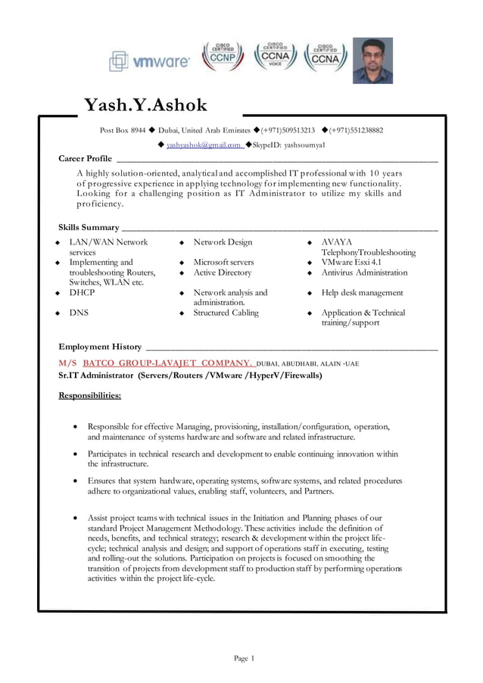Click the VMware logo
(x=149, y=62)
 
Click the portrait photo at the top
(x=372, y=60)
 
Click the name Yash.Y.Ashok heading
(x=145, y=105)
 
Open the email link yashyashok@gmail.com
(x=204, y=145)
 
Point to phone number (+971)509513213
(x=288, y=130)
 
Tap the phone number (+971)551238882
(x=356, y=130)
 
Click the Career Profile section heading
(x=86, y=158)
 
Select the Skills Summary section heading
(x=89, y=227)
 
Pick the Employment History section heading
(x=100, y=347)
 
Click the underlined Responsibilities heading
(x=89, y=395)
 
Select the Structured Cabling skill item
(x=226, y=312)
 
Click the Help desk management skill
(x=362, y=292)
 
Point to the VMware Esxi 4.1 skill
(x=351, y=262)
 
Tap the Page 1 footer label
(x=244, y=659)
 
